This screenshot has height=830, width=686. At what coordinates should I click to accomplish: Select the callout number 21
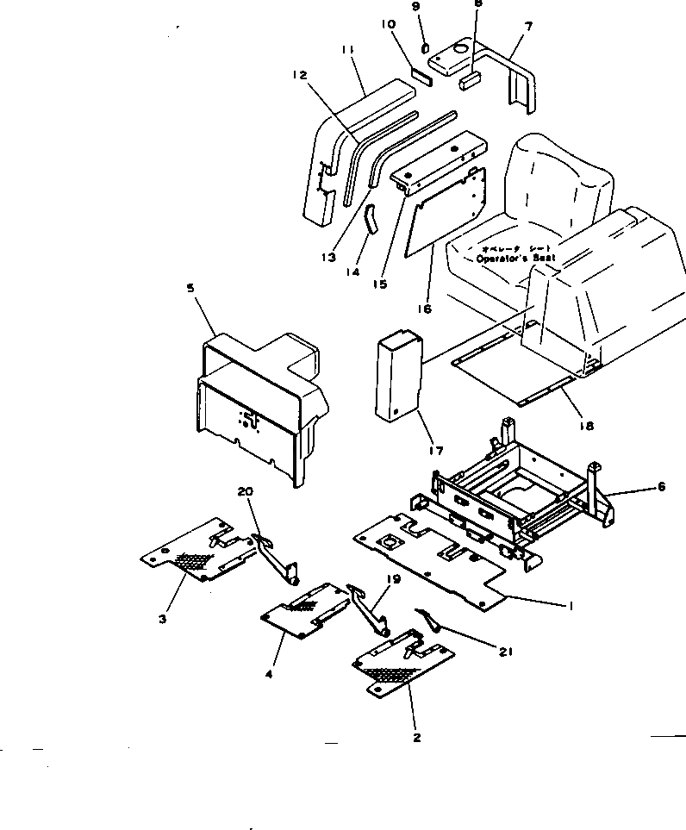click(505, 652)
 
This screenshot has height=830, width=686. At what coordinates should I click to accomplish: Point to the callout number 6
click(661, 486)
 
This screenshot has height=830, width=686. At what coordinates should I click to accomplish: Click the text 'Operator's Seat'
click(516, 257)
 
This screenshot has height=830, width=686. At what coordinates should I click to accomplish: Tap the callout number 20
click(246, 491)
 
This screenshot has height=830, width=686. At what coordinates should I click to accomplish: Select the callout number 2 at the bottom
click(416, 737)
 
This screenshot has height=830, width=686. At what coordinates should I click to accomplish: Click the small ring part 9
click(425, 46)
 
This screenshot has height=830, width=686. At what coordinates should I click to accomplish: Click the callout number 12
click(299, 77)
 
